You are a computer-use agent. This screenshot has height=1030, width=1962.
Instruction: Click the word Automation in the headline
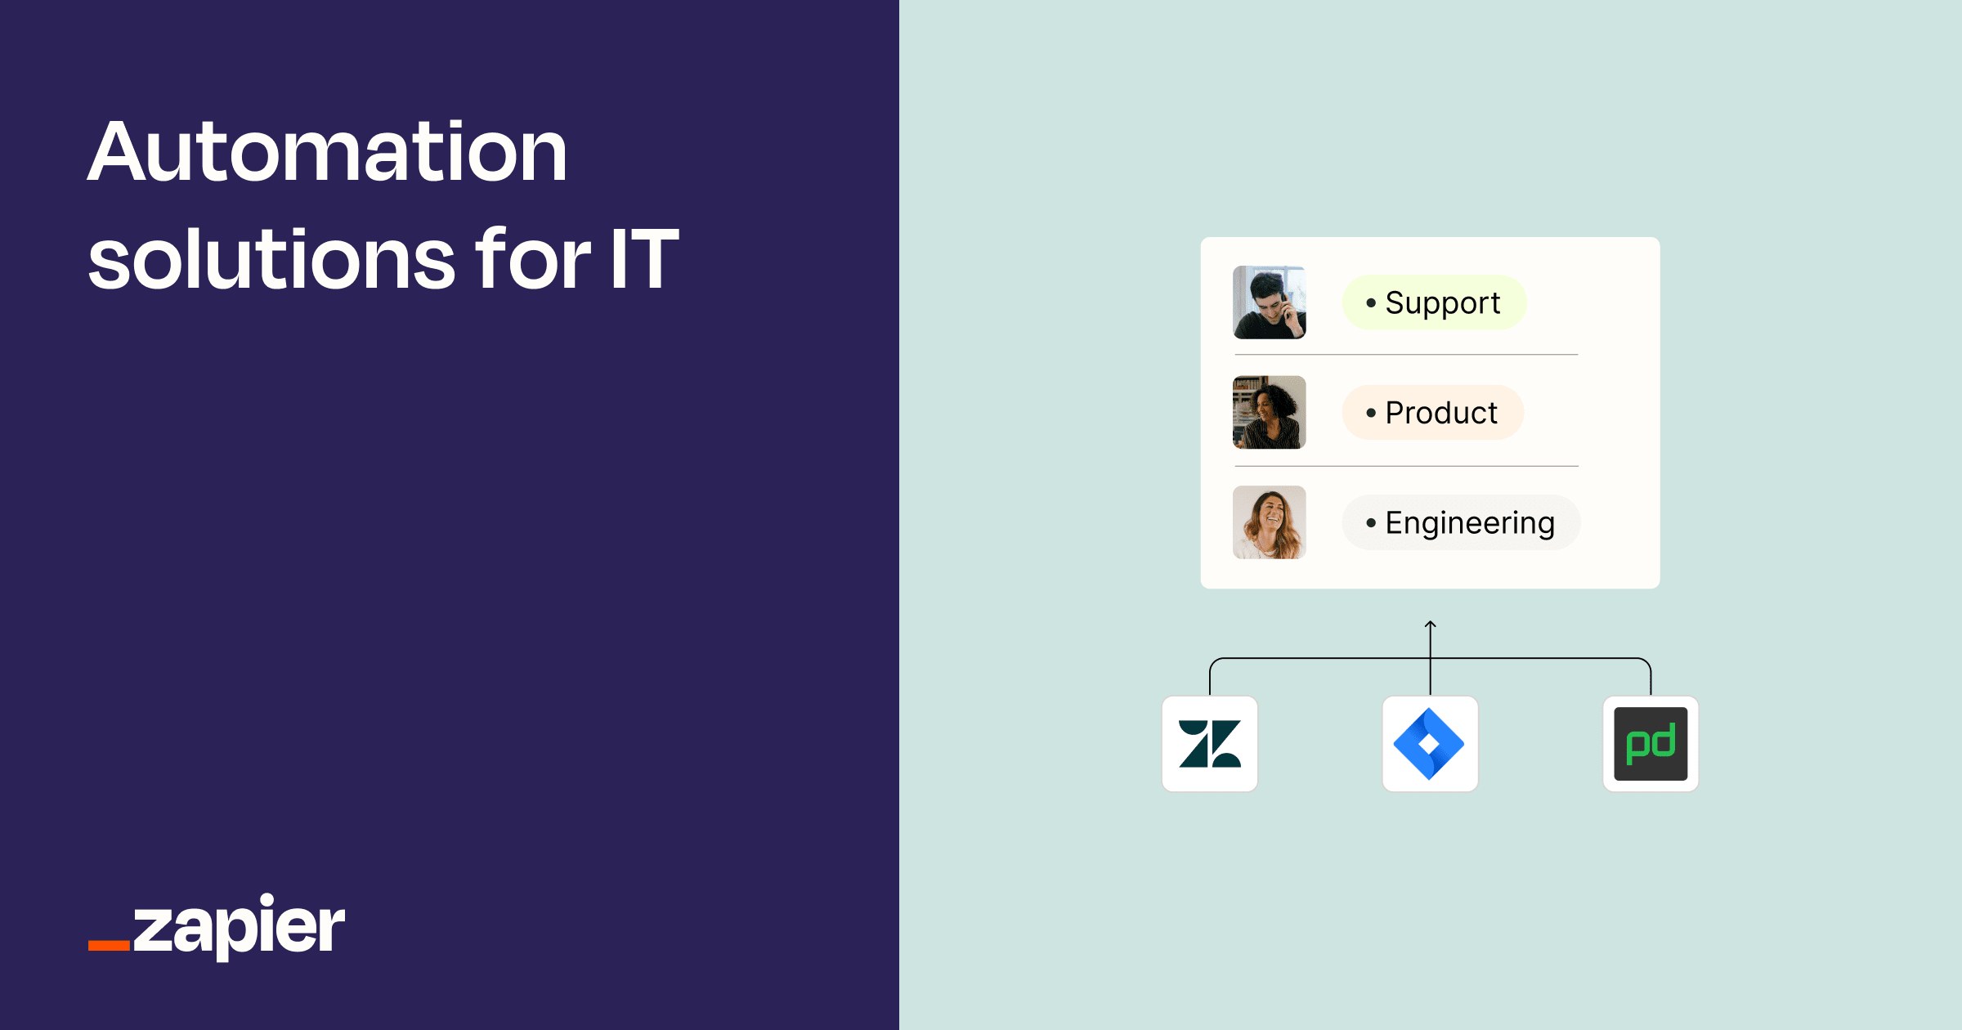click(327, 153)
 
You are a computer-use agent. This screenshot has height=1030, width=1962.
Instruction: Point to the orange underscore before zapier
click(109, 946)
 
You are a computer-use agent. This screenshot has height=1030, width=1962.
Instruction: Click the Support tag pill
click(1434, 302)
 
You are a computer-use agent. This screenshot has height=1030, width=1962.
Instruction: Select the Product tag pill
click(1432, 413)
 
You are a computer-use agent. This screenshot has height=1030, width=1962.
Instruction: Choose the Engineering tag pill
click(1461, 522)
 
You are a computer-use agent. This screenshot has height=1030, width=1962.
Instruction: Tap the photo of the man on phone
click(1269, 302)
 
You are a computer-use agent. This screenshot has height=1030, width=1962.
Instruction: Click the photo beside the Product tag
click(1269, 413)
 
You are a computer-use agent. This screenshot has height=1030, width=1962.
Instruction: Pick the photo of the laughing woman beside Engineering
click(1269, 522)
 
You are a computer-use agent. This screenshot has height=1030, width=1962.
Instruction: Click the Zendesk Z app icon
click(1210, 744)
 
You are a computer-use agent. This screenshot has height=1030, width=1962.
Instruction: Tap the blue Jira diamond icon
click(1430, 744)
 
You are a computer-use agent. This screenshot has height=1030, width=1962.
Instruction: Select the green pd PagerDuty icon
click(1651, 744)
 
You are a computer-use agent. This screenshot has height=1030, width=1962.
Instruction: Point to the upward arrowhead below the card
click(1430, 625)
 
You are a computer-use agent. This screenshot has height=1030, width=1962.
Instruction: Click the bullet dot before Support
click(1371, 302)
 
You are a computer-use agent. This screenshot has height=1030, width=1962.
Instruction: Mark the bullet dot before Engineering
click(1371, 522)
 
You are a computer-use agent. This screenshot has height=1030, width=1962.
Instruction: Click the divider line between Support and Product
click(1406, 355)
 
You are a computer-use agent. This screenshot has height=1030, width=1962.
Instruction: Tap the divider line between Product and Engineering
click(1406, 466)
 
